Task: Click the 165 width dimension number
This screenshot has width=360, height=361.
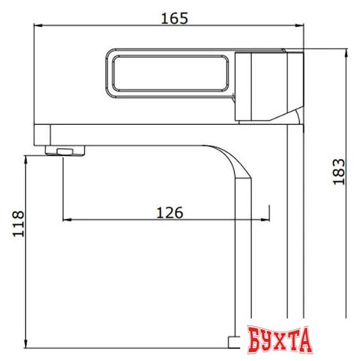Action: click(x=175, y=17)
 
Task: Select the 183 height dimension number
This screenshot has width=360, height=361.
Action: click(x=339, y=172)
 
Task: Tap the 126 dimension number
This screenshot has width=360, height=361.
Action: click(x=169, y=212)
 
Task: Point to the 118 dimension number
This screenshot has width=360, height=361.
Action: click(x=19, y=224)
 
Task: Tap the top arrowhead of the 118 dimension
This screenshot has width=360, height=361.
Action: click(x=26, y=158)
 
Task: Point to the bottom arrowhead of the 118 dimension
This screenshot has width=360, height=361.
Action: click(x=26, y=349)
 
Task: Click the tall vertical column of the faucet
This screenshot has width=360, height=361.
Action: click(x=295, y=228)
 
